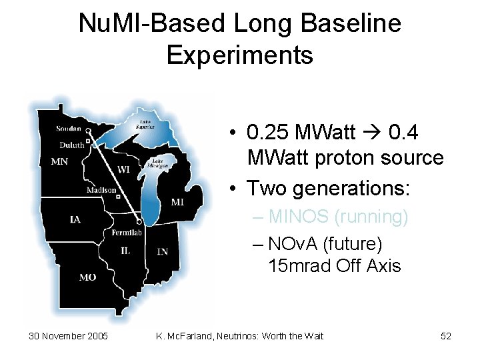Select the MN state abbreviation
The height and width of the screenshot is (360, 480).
pos(59,161)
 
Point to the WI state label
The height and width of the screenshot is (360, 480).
pos(123,169)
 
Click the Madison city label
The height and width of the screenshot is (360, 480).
pos(101,190)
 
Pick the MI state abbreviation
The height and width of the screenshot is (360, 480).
pos(179,202)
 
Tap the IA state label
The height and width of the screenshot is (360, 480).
pos(75,219)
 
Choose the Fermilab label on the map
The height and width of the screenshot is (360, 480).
pos(129,233)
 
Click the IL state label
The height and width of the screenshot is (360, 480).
pos(125,250)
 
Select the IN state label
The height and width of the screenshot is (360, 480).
pos(162,251)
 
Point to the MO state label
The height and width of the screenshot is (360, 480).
pos(88,277)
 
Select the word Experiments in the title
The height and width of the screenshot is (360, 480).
pos(240,55)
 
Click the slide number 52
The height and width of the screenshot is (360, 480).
pos(446,336)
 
